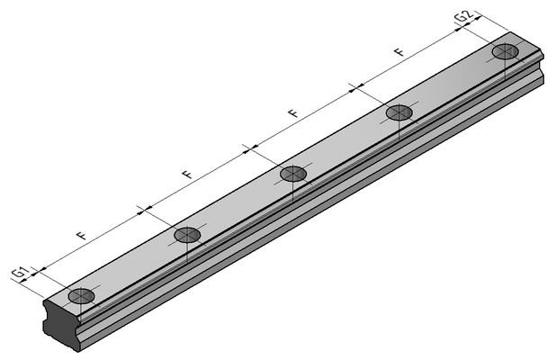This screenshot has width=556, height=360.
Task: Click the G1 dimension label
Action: click(20, 273)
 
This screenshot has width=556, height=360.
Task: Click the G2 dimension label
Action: click(464, 16)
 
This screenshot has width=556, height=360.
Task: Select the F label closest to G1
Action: click(82, 236)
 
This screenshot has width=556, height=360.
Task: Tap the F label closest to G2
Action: click(399, 52)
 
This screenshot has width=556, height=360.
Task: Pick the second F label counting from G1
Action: click(187, 174)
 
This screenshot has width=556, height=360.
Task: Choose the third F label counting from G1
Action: click(293, 113)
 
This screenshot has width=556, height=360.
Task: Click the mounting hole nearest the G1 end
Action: click(82, 295)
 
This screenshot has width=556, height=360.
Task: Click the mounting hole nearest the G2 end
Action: click(506, 52)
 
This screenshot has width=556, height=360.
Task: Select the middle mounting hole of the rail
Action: click(293, 174)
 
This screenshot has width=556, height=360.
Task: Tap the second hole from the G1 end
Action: click(187, 234)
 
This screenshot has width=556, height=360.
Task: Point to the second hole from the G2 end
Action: click(399, 113)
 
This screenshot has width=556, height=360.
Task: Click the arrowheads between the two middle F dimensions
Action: click(250, 149)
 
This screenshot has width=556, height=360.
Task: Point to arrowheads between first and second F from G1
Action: click(144, 210)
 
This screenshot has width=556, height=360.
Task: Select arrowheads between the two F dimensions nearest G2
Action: click(356, 88)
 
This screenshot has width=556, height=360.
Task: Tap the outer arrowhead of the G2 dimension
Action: click(474, 21)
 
